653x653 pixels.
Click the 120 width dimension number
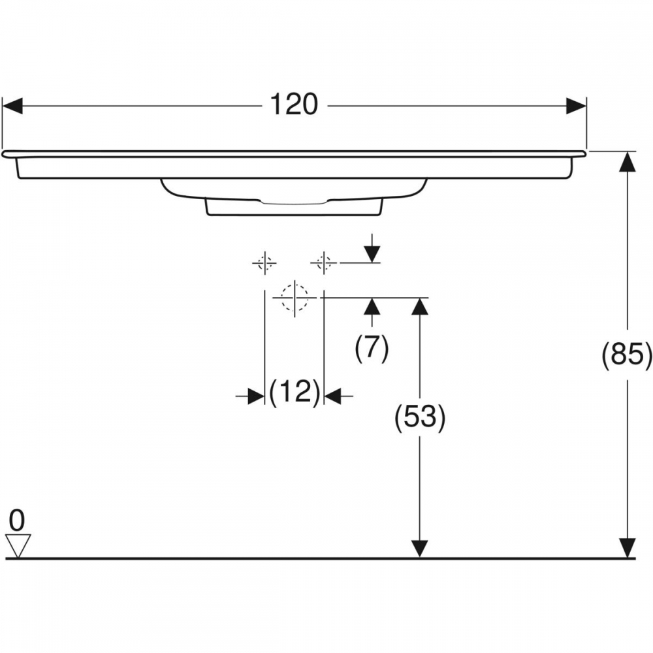(294, 104)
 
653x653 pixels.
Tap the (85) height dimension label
(627, 355)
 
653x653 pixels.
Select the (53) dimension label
(420, 417)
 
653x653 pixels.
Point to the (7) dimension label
(372, 348)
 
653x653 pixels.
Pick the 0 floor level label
(17, 520)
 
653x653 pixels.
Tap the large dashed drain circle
(295, 298)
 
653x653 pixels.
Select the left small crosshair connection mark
(264, 263)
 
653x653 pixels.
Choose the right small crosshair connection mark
(324, 263)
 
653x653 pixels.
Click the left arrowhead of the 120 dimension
(12, 106)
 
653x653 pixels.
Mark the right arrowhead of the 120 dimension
(577, 106)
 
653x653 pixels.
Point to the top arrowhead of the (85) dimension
(627, 161)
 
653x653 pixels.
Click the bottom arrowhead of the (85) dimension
(627, 548)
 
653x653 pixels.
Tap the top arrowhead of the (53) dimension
(420, 308)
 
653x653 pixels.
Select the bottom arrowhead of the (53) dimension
(420, 548)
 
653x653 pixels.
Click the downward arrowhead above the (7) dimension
(372, 254)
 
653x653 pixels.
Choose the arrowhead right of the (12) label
(333, 396)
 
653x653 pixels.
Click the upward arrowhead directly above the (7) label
(372, 307)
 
